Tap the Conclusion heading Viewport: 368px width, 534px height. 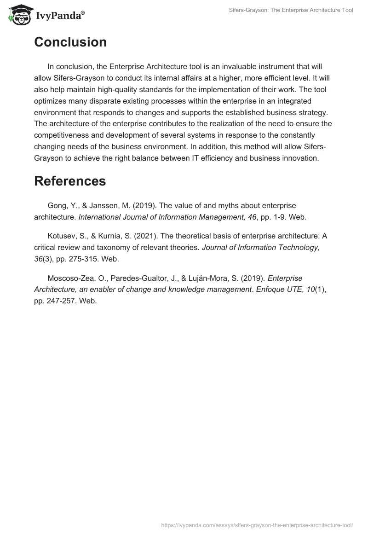click(x=70, y=42)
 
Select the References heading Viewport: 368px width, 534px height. click(x=70, y=181)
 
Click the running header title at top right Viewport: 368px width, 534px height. click(x=291, y=10)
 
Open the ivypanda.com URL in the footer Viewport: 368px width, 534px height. click(x=256, y=524)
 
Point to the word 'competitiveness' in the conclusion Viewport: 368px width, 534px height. click(x=60, y=135)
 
